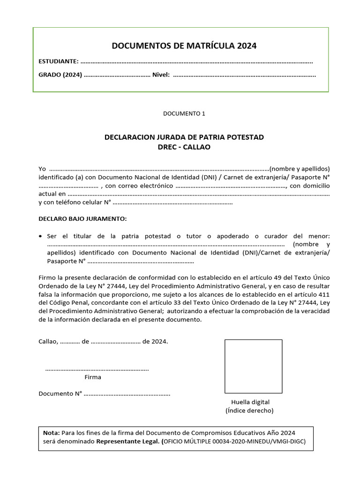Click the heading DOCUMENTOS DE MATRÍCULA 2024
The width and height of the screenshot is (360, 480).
[184, 46]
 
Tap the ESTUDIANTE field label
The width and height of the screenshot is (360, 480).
[58, 61]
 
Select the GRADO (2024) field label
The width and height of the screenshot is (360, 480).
[60, 75]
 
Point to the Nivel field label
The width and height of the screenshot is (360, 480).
[161, 75]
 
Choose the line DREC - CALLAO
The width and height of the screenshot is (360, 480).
[184, 147]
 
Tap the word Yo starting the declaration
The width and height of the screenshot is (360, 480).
[42, 169]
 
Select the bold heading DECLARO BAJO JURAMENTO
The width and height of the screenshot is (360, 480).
[82, 219]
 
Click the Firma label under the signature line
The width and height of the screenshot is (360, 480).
[92, 377]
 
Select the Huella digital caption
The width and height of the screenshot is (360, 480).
[250, 402]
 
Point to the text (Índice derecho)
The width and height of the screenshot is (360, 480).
[249, 411]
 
